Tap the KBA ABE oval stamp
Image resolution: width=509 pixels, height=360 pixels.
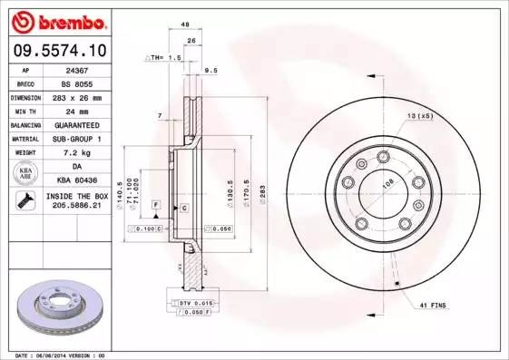click(25, 174)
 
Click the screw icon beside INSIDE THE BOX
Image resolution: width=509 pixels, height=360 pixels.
click(24, 202)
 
